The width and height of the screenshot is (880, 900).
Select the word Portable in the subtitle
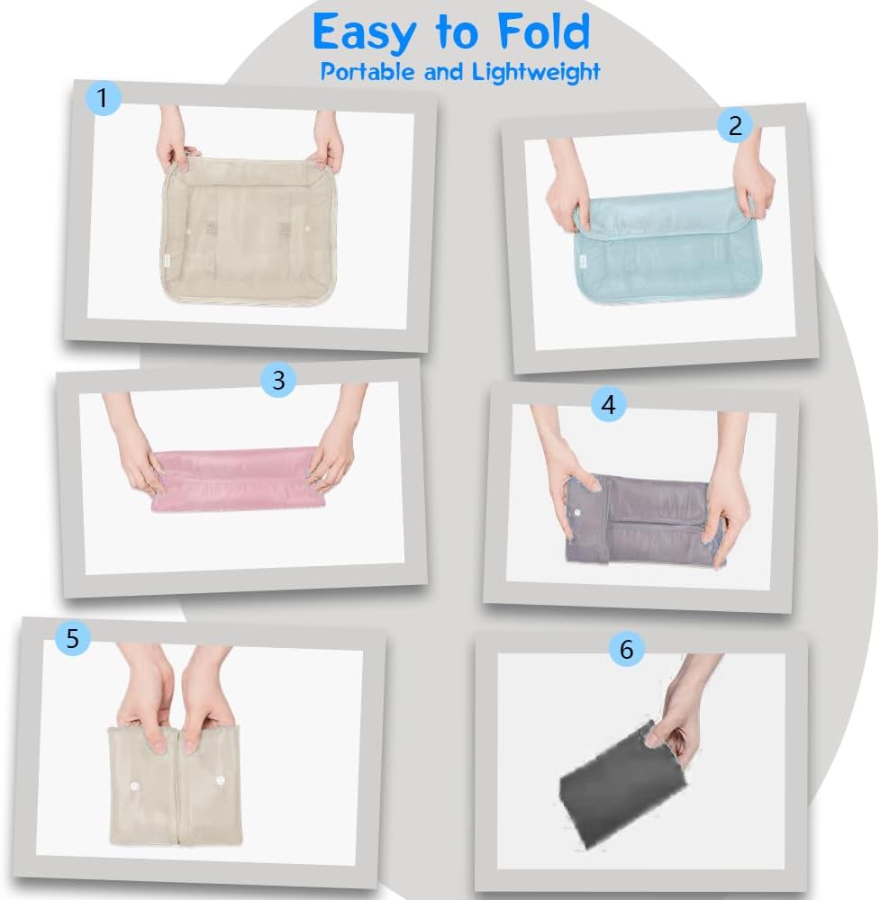(x=367, y=72)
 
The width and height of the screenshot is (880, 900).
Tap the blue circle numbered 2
(x=735, y=125)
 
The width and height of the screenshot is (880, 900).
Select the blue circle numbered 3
(x=278, y=380)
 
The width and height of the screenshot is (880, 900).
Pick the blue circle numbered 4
(x=609, y=405)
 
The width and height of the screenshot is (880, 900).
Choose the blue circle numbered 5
(x=73, y=638)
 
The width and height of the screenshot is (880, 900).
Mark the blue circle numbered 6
(x=627, y=649)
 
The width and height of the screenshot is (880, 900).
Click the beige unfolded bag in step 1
(x=247, y=229)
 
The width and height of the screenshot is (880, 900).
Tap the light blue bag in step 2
(x=667, y=247)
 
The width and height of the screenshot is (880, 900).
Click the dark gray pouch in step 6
(x=621, y=785)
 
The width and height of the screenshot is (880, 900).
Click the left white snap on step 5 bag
(x=136, y=785)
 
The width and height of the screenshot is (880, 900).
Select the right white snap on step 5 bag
(x=220, y=779)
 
